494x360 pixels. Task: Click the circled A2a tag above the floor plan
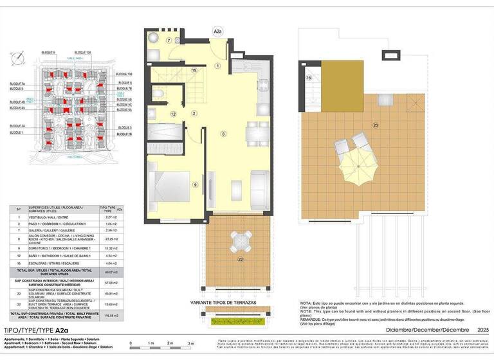tap(218, 29)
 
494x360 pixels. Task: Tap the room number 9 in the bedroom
tap(195, 185)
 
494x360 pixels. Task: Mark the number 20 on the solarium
tap(376, 125)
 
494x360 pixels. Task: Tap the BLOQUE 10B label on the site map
tap(125, 75)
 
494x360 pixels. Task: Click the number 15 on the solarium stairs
tap(309, 78)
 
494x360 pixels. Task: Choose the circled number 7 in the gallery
tap(169, 40)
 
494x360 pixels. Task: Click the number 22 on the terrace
tap(240, 259)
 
